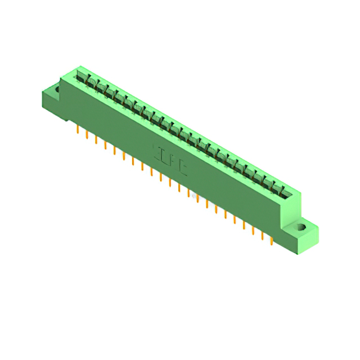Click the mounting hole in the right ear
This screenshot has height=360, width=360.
coord(301,228)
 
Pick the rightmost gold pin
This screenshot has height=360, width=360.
coord(272,240)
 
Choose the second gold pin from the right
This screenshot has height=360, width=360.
coord(262,235)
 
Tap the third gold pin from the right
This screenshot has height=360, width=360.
coord(253,230)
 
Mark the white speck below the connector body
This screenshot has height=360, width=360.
coord(195,197)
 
